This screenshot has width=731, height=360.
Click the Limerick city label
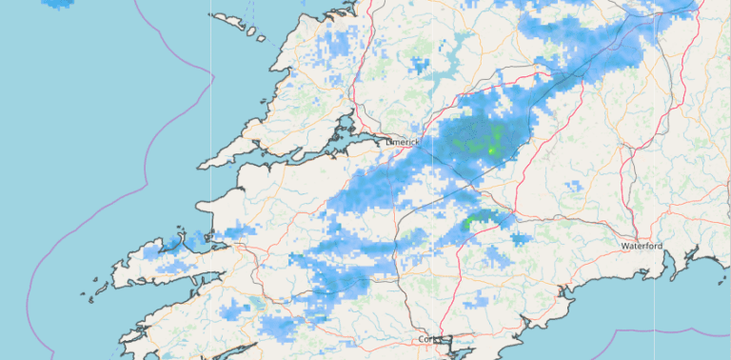click(x=403, y=142)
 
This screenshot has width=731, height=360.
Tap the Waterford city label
click(x=641, y=246)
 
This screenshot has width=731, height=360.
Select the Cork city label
click(x=430, y=339)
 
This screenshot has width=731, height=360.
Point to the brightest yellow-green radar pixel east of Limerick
click(x=491, y=150)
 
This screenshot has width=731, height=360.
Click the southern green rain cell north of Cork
click(x=484, y=220)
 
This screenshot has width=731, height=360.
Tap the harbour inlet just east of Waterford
click(x=678, y=267)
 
